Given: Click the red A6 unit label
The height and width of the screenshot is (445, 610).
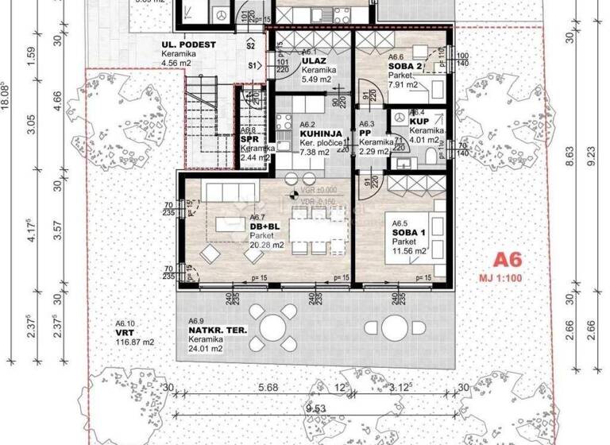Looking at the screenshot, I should pos(511,260).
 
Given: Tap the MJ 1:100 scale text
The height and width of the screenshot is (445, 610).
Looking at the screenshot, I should pos(510,277).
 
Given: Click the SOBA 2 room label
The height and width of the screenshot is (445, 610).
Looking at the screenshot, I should pos(405,68).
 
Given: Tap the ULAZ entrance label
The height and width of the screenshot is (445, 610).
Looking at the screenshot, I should pos(311,60).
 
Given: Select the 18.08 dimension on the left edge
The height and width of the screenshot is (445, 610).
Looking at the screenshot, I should pos(6,97).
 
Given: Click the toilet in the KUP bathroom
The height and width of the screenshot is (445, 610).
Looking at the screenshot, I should pos(430,153).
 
